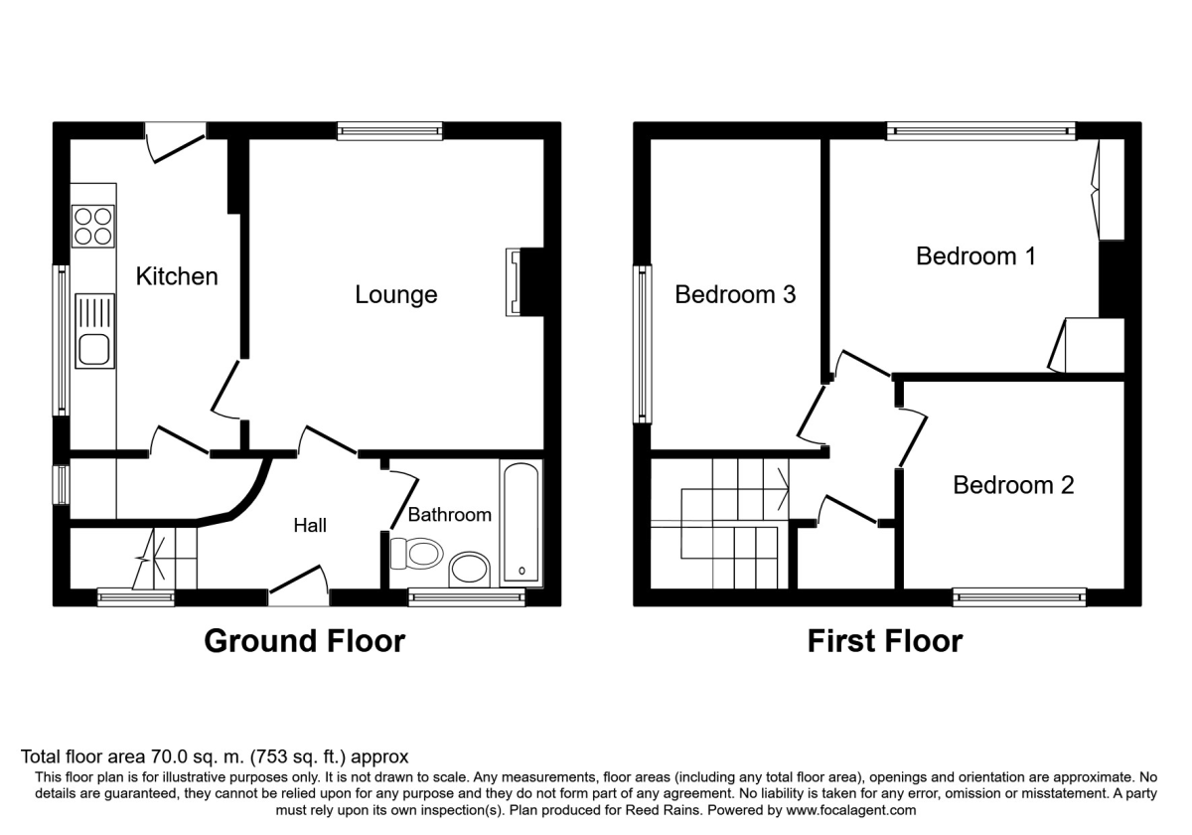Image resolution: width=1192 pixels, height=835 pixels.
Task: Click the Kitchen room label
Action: pyautogui.click(x=177, y=276)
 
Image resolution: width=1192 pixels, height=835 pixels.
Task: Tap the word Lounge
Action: pyautogui.click(x=396, y=295)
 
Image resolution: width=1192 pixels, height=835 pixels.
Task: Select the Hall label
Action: pyautogui.click(x=310, y=526)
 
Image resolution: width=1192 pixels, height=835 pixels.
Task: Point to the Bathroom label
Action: pyautogui.click(x=450, y=515)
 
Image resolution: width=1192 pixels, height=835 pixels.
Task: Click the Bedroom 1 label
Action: pyautogui.click(x=975, y=256)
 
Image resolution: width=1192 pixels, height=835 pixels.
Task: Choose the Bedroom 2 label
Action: pyautogui.click(x=1013, y=485)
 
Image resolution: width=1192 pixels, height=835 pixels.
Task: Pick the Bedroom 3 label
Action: pyautogui.click(x=735, y=294)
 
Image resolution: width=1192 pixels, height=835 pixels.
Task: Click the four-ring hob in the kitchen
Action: pyautogui.click(x=93, y=227)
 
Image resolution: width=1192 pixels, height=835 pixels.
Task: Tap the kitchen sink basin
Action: pyautogui.click(x=94, y=350)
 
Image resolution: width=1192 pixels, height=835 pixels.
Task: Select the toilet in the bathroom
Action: pyautogui.click(x=416, y=554)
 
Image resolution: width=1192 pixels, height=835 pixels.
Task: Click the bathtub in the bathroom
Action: pyautogui.click(x=521, y=522)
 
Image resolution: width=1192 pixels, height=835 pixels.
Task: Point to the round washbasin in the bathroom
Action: pyautogui.click(x=469, y=569)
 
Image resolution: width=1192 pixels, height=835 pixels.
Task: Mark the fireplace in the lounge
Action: pyautogui.click(x=525, y=282)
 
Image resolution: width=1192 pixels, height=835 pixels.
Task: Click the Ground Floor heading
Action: pyautogui.click(x=304, y=641)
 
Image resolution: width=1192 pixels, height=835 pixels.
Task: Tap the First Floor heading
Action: pyautogui.click(x=885, y=641)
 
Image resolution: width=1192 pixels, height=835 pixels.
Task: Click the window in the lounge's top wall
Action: pyautogui.click(x=389, y=131)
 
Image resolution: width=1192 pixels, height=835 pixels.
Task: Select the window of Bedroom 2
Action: pyautogui.click(x=1019, y=597)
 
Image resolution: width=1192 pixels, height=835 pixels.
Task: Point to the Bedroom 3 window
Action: pyautogui.click(x=642, y=344)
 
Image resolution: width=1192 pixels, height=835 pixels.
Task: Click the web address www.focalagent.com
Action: pyautogui.click(x=851, y=810)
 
